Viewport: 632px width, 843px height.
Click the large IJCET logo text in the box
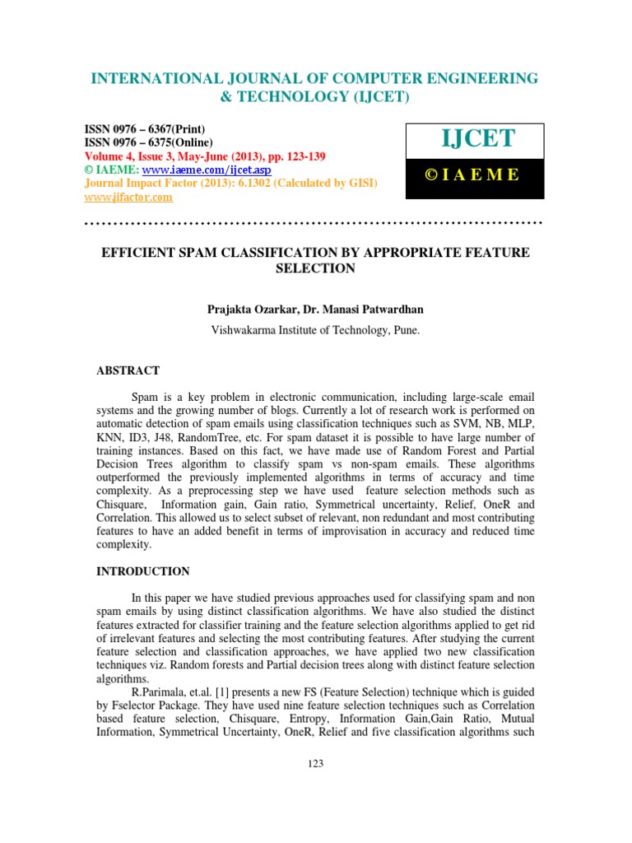[475, 139]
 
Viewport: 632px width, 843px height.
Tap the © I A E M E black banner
[475, 175]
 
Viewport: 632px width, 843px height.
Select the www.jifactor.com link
[129, 197]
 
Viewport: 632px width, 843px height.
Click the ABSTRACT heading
[128, 371]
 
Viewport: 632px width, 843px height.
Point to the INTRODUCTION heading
[143, 571]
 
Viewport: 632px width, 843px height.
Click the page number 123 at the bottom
[315, 763]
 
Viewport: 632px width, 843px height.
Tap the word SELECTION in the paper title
[315, 268]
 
